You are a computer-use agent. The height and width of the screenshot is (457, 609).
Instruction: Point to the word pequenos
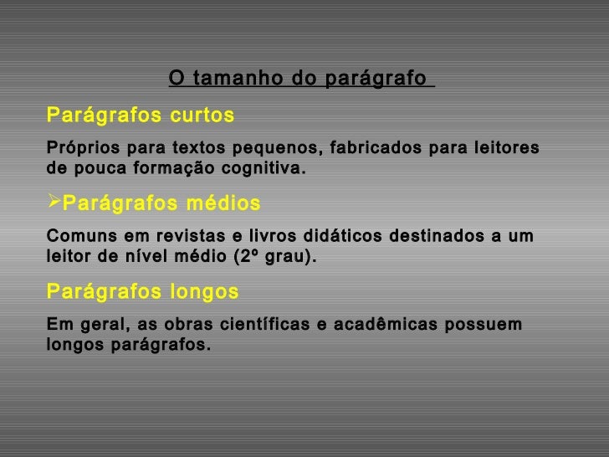click(276, 150)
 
